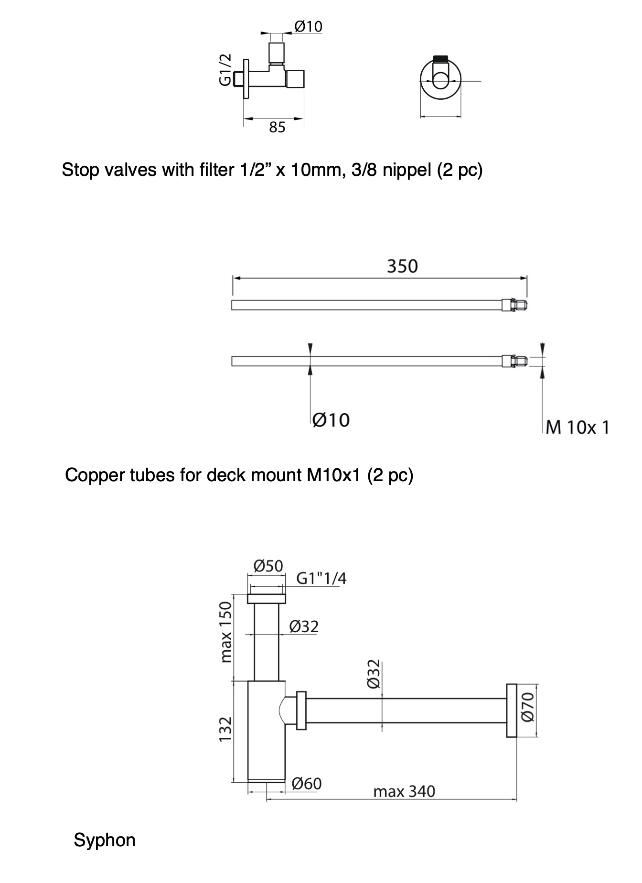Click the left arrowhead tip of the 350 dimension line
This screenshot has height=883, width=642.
(x=233, y=277)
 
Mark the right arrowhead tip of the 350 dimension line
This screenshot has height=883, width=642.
(x=527, y=277)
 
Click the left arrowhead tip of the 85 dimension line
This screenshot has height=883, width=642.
(x=244, y=118)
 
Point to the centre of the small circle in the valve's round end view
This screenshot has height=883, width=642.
(x=441, y=81)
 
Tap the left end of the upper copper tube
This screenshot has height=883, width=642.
(x=232, y=305)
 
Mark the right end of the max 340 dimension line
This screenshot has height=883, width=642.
(x=517, y=798)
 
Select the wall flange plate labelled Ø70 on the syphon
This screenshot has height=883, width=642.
(x=511, y=711)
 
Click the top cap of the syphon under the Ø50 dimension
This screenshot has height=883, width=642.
(x=267, y=599)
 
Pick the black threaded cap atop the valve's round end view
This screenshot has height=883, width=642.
(x=440, y=59)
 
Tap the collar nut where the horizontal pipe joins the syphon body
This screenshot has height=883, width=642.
(x=301, y=711)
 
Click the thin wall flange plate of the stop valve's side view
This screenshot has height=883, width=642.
(x=246, y=79)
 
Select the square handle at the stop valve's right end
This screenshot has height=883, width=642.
(x=295, y=79)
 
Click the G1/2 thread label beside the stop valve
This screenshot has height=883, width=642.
(x=225, y=70)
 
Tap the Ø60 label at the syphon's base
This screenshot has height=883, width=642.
(x=306, y=784)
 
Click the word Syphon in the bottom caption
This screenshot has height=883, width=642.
(x=105, y=840)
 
